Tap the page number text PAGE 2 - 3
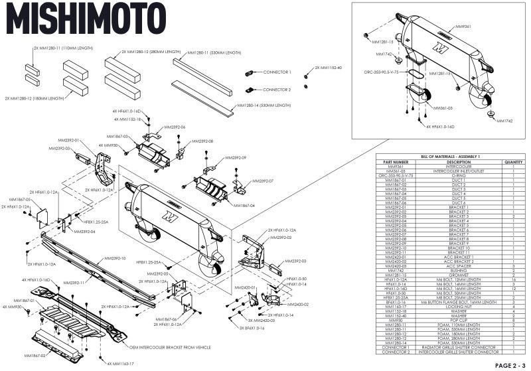tap(509, 364)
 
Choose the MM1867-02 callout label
tap(35, 356)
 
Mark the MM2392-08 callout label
tap(202, 141)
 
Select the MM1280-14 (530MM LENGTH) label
tap(264, 106)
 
